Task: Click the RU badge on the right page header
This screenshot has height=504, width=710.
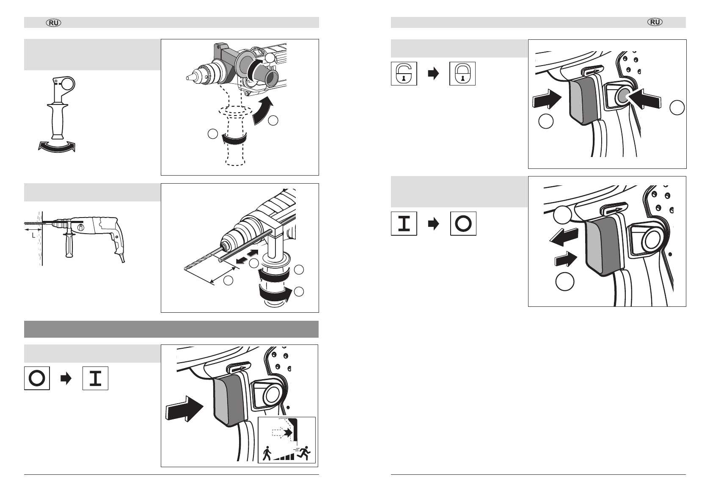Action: pos(655,23)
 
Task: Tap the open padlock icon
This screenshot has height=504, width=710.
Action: pos(404,74)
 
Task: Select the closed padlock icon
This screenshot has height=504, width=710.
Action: pos(462,74)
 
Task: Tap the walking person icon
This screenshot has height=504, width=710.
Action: pos(267,454)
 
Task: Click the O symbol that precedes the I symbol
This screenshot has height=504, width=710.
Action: pos(37,378)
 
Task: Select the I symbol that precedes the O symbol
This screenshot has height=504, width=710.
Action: pos(404,223)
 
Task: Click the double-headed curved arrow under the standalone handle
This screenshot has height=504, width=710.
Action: pos(57,147)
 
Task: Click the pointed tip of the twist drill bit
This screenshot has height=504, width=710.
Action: pos(186,268)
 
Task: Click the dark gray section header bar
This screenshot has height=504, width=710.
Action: pos(171,329)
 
